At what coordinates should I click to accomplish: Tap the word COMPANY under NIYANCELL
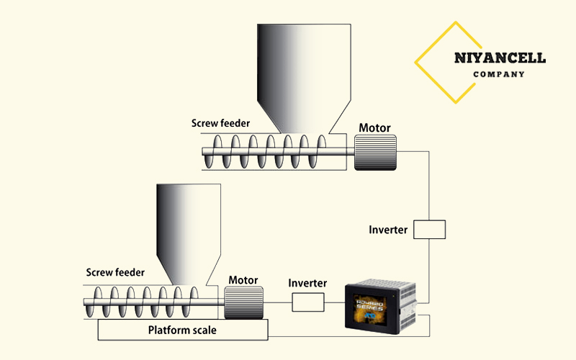(499, 74)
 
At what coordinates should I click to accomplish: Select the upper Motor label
(374, 128)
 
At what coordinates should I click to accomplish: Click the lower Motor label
(243, 279)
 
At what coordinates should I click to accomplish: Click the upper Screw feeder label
(220, 123)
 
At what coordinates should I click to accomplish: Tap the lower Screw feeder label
(115, 272)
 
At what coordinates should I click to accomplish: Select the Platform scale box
(183, 330)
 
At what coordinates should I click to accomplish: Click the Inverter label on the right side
(388, 230)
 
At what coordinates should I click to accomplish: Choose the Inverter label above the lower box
(307, 284)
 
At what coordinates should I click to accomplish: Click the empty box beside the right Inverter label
(430, 230)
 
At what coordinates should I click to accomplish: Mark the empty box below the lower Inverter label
(308, 303)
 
